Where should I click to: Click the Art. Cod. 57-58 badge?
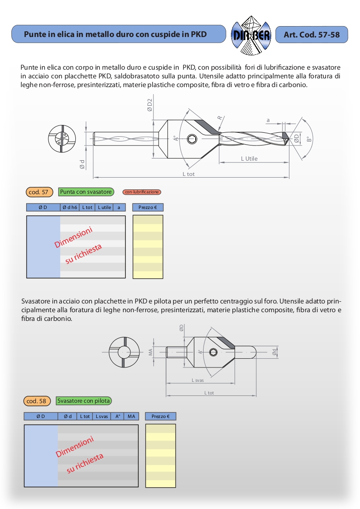coord(312,34)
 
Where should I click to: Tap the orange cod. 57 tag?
coord(40,192)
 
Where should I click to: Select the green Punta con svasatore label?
coord(86,192)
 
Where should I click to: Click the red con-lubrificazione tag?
coord(142,192)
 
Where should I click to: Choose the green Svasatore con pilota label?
coord(84,401)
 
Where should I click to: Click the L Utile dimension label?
coord(249,159)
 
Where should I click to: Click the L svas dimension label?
coord(197,380)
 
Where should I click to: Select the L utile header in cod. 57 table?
coord(104,208)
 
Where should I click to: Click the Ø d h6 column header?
coord(70,208)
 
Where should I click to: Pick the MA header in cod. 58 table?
coord(131,417)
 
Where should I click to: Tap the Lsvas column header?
coord(102,417)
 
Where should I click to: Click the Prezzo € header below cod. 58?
coord(160,417)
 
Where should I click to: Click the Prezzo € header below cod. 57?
coord(148,208)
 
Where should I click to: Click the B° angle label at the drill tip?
coord(309,139)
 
